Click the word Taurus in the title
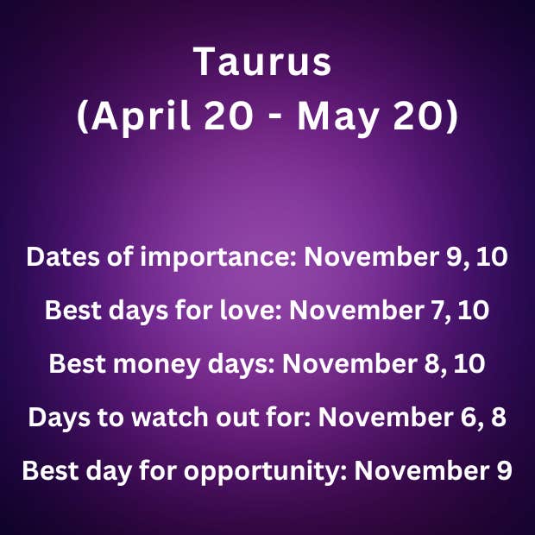point(262,61)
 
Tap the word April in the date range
point(139,116)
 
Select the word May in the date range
point(337,116)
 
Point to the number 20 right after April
point(229,116)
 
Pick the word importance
point(218,257)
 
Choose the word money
point(156,364)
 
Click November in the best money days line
point(349,364)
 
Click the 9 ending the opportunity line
point(503,470)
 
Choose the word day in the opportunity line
point(108,471)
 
